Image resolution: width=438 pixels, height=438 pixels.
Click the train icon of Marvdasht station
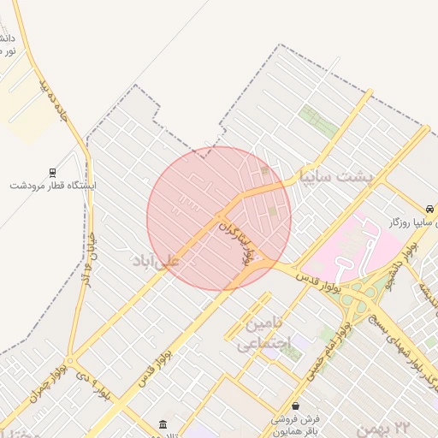[x=52, y=172]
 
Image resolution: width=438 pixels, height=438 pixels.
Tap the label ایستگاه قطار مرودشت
[x=54, y=186]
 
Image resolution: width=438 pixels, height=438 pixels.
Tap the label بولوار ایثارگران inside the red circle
[x=236, y=243]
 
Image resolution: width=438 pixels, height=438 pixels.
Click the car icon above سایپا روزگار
[x=428, y=209]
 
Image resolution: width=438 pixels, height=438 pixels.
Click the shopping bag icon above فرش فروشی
[x=295, y=405]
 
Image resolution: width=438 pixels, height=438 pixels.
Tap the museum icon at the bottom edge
[x=163, y=424]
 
